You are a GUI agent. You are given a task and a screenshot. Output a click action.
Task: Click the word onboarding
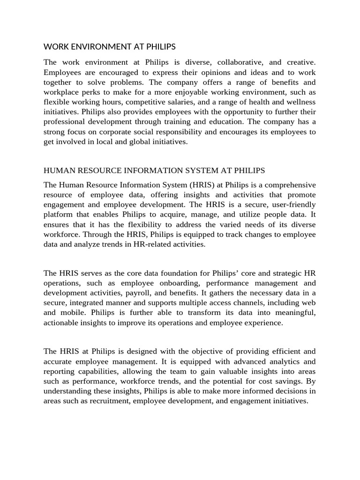(x=180, y=283)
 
